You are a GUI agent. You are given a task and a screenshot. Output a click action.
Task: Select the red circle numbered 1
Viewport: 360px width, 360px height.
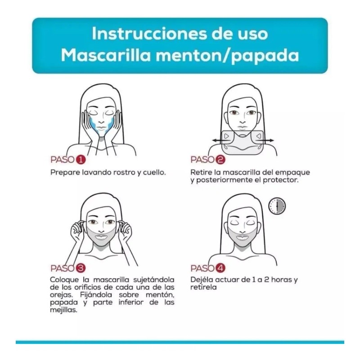[81, 160]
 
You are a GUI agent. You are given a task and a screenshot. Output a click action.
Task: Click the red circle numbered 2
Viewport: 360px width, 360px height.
[220, 160]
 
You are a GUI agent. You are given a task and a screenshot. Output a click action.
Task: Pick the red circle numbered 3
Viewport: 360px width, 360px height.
[81, 268]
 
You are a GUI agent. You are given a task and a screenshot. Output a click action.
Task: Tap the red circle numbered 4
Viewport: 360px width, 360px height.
[220, 268]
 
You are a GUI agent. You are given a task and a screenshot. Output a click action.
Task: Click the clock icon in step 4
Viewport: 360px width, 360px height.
[277, 206]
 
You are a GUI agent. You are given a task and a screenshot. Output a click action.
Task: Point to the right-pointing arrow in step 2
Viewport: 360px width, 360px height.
[269, 141]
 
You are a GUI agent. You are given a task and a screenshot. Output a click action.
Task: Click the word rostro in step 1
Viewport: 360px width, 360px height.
[117, 172]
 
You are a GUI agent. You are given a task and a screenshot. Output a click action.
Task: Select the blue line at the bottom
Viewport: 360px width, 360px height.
[180, 342]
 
